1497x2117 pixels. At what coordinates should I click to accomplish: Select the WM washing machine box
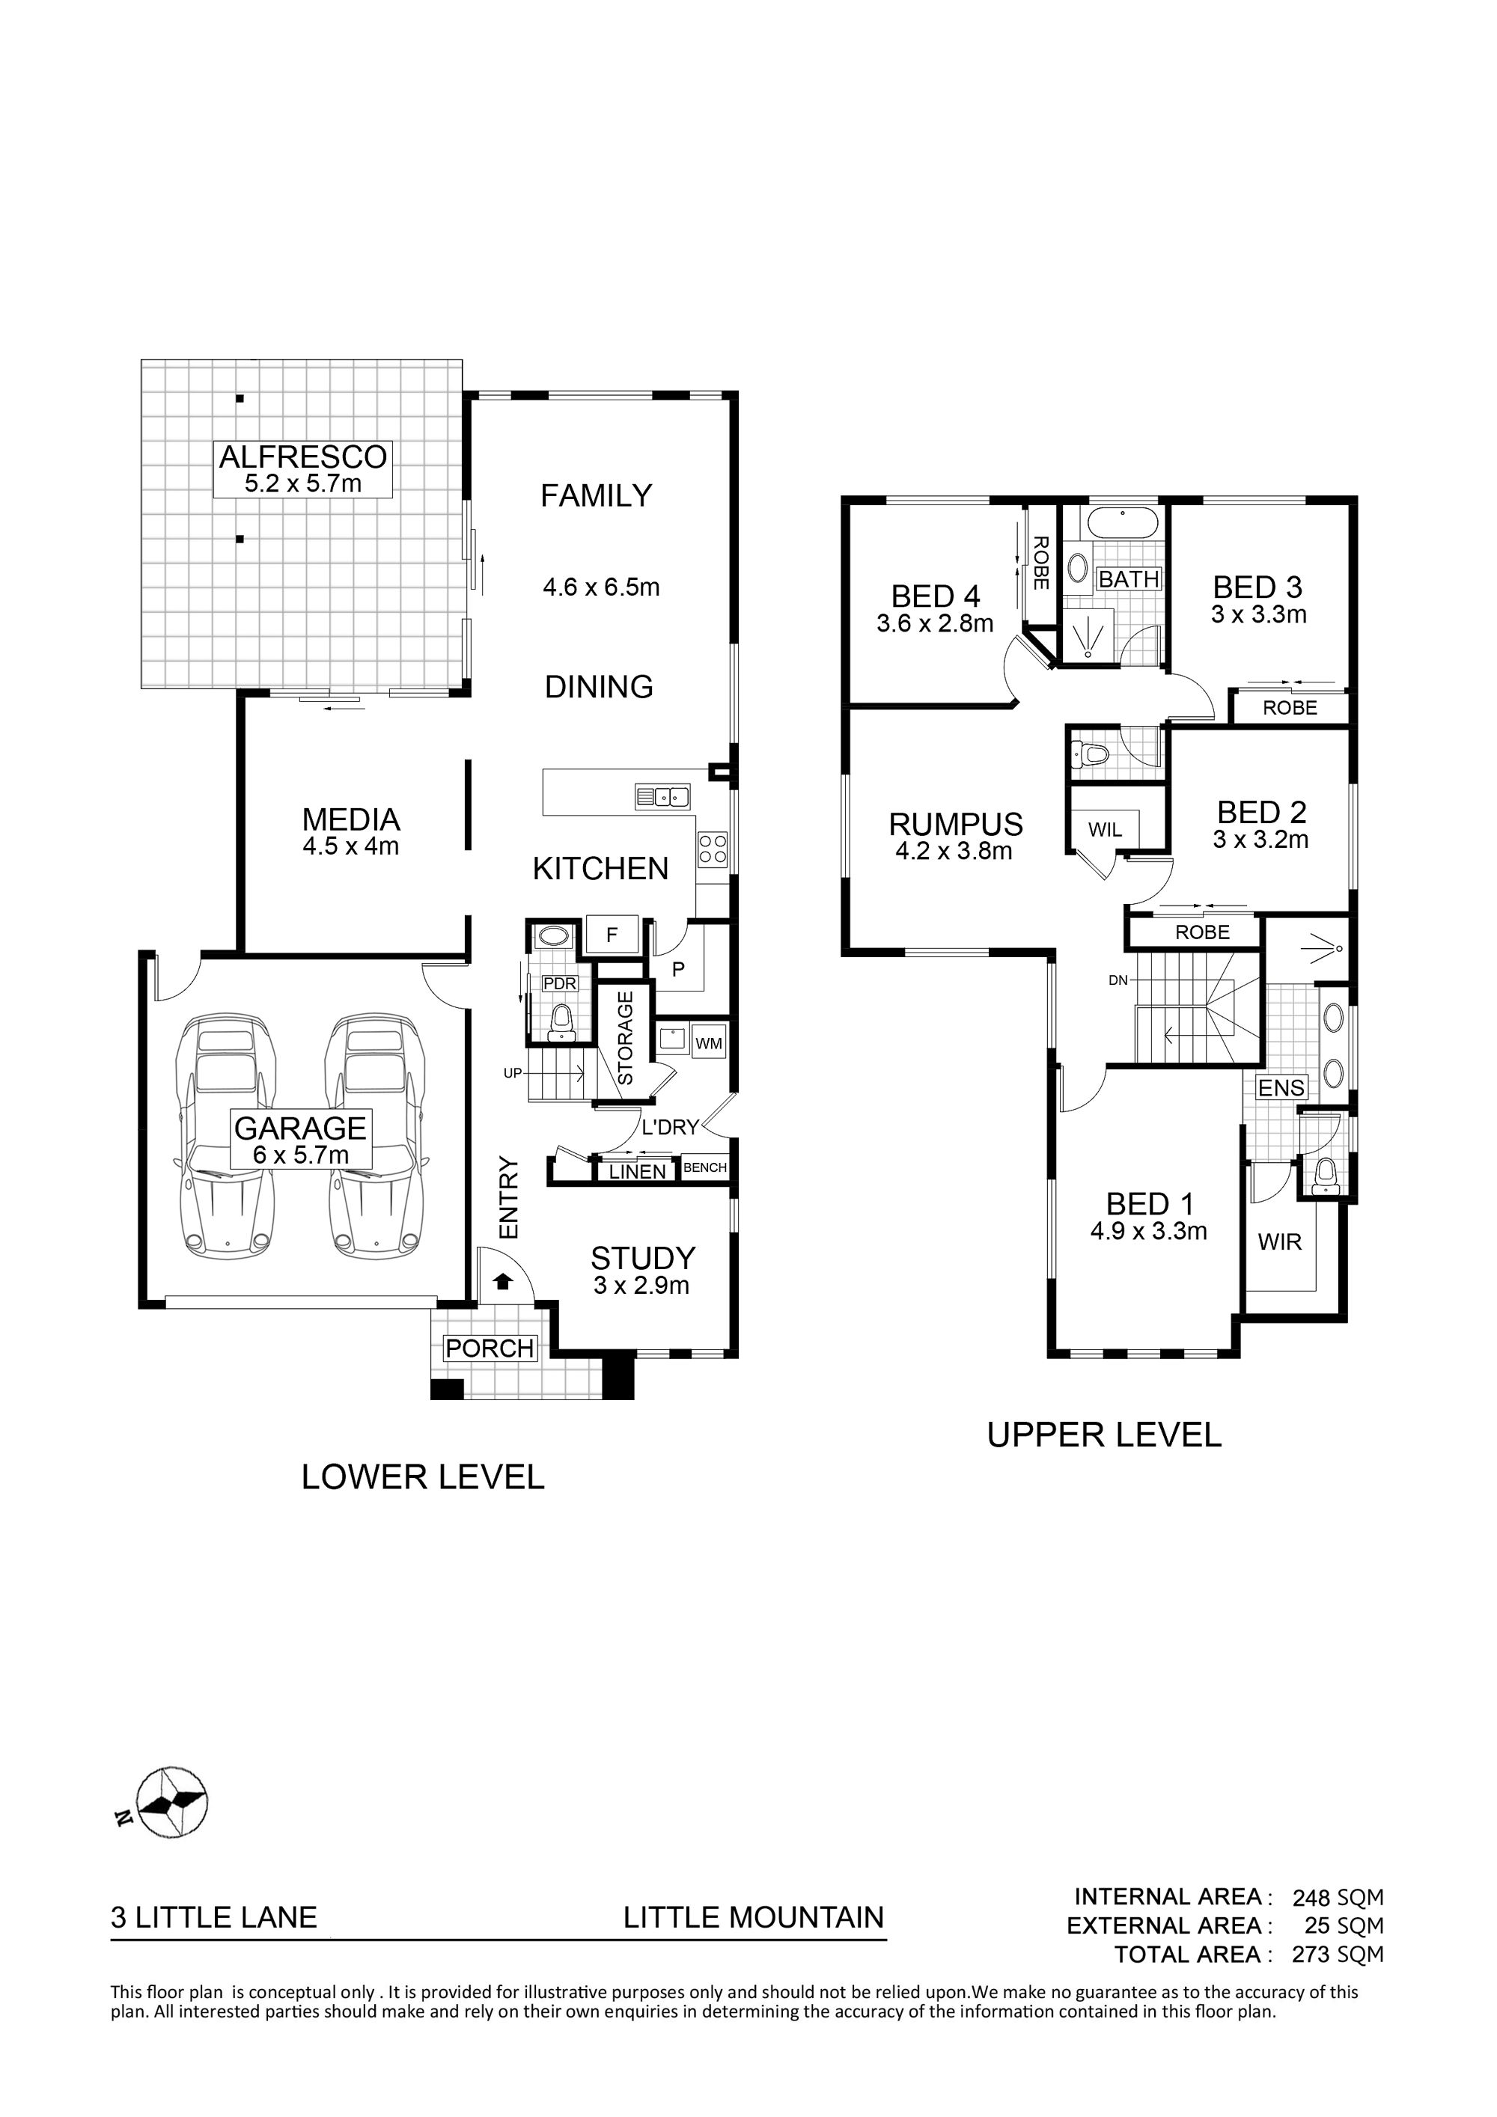[x=708, y=1044]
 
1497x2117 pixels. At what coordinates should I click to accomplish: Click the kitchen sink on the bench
[x=662, y=795]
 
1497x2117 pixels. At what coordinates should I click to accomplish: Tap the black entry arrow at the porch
[x=503, y=1280]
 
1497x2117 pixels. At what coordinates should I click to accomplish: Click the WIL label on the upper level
[x=1104, y=830]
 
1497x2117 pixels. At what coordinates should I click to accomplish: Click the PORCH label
[x=490, y=1348]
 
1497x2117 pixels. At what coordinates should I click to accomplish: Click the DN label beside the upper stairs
[x=1118, y=980]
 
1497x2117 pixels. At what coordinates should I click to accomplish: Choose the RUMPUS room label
[x=956, y=823]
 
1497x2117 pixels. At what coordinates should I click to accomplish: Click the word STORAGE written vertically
[x=624, y=1037]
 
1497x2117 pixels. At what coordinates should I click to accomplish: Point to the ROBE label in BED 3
[x=1290, y=708]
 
